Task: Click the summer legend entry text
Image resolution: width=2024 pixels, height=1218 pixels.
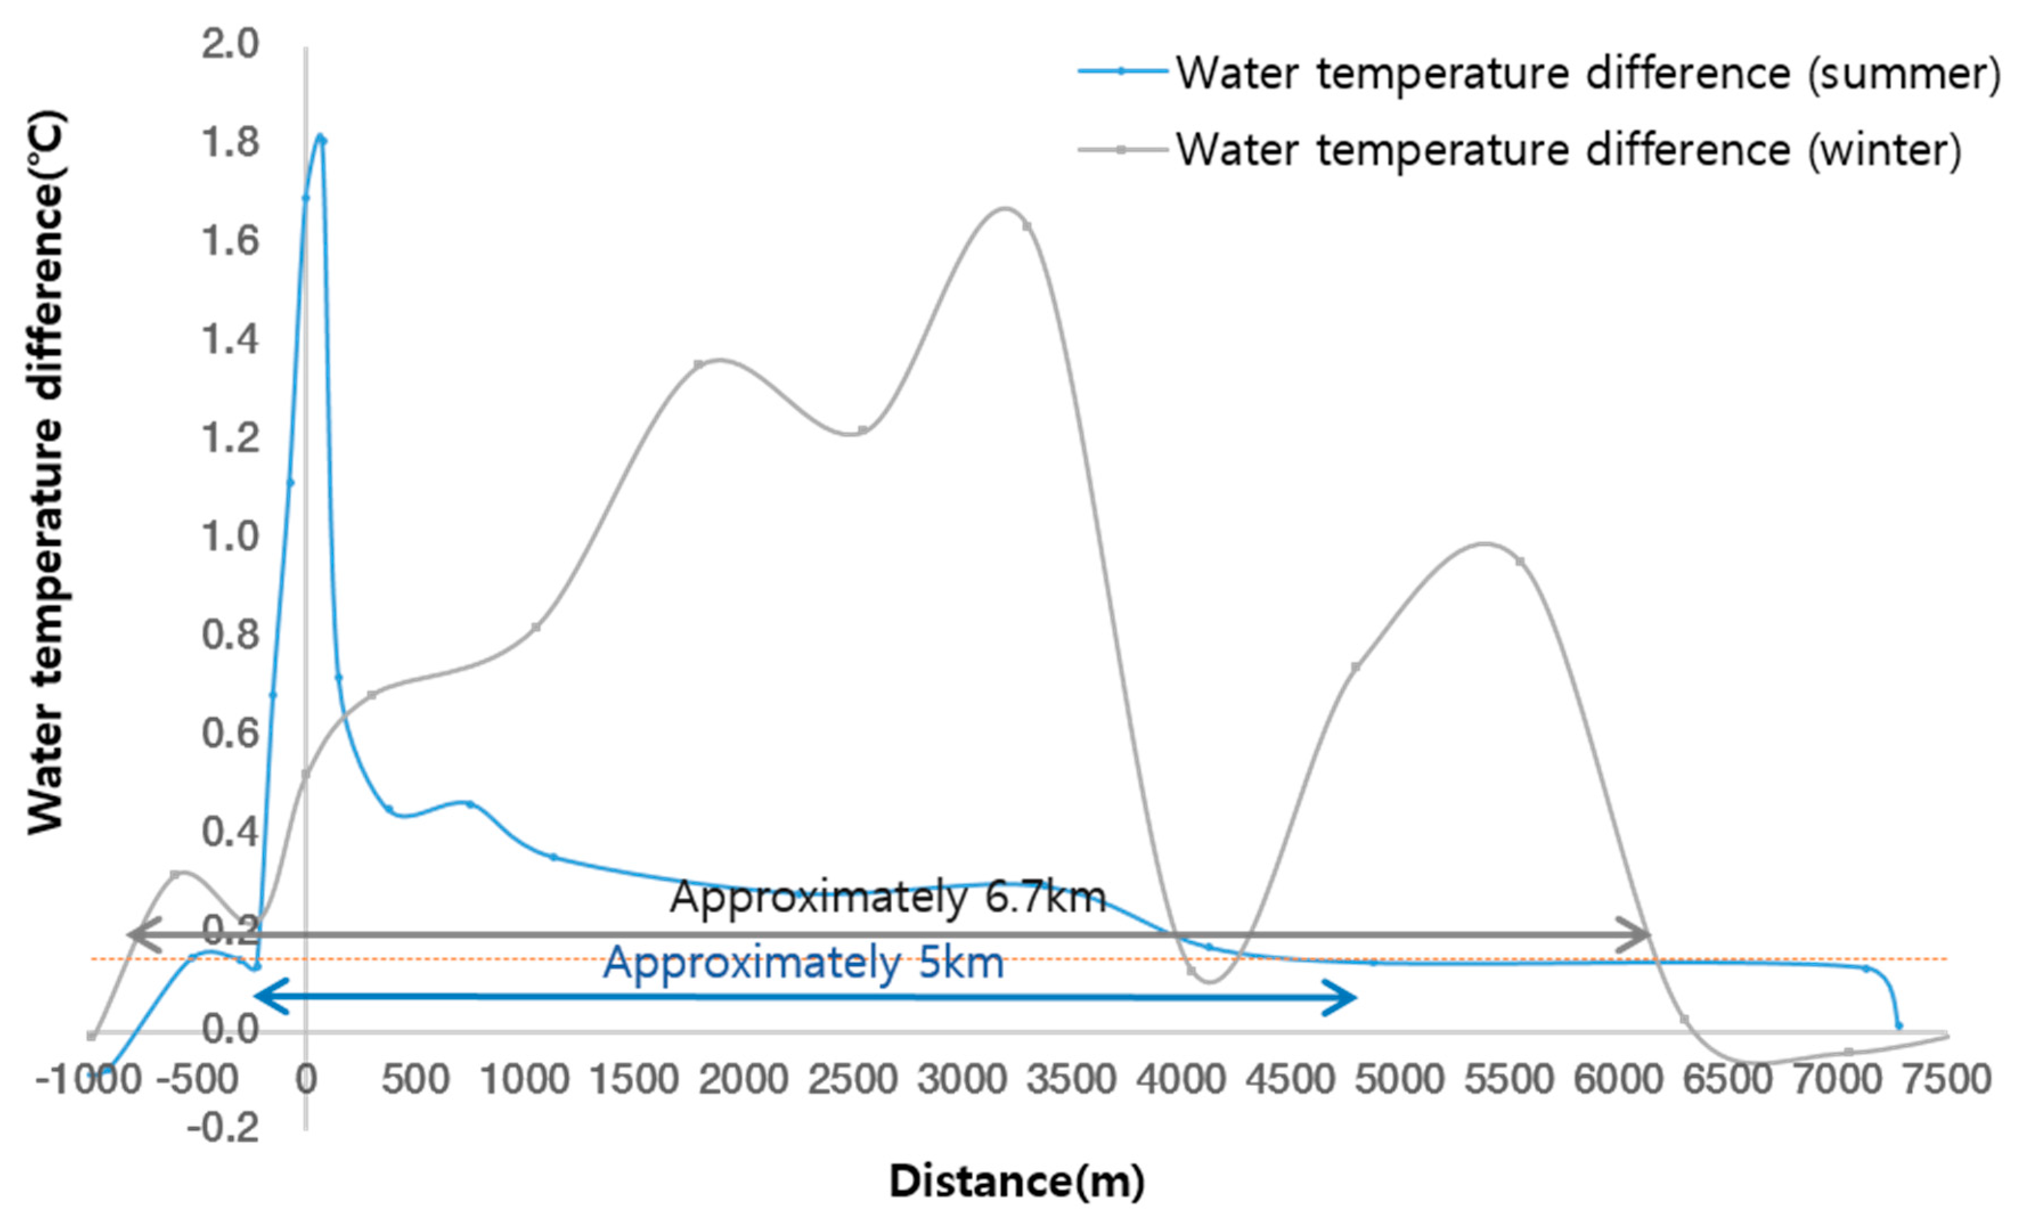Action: tap(1588, 74)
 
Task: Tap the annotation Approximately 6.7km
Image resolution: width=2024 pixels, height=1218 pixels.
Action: tap(888, 897)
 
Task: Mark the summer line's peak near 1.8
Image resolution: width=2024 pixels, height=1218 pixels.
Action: tap(321, 136)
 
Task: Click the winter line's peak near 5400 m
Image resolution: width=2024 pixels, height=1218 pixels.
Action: tap(1482, 543)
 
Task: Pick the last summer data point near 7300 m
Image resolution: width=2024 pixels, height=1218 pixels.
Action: tap(1899, 1025)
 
